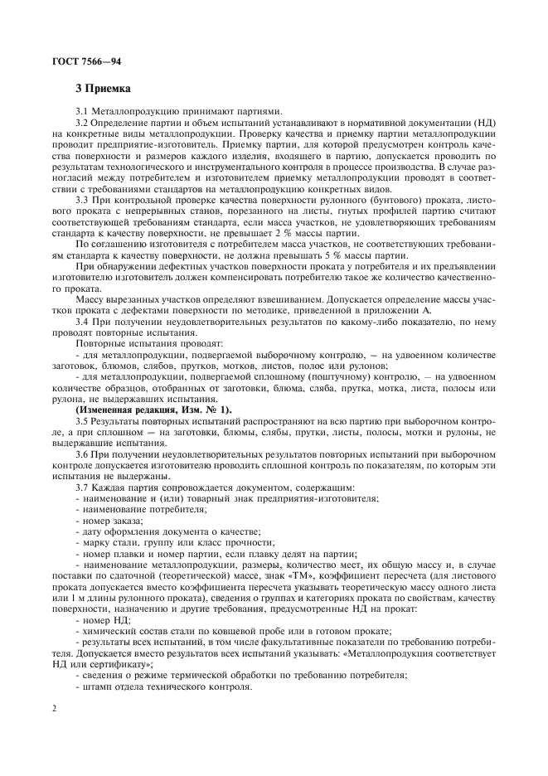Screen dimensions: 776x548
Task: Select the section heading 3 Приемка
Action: pyautogui.click(x=103, y=87)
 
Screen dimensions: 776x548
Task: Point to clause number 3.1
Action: pyautogui.click(x=83, y=110)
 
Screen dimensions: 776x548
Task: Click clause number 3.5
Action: pyautogui.click(x=83, y=423)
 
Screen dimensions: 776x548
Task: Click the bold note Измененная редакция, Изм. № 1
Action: pyautogui.click(x=154, y=411)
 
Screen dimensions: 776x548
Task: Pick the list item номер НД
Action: pyautogui.click(x=105, y=618)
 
